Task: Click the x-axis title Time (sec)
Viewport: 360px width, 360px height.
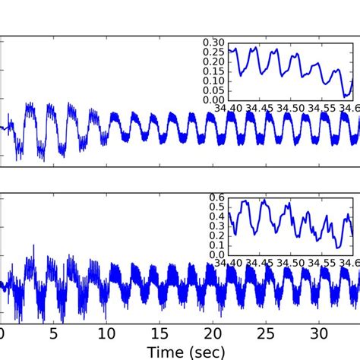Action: tap(180, 350)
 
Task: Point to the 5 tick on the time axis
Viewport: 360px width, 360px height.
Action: tap(54, 333)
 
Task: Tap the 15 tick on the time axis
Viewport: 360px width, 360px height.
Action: tap(160, 333)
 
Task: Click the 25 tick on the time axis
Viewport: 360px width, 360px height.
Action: tap(267, 333)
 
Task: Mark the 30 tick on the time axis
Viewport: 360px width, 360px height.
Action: tap(320, 333)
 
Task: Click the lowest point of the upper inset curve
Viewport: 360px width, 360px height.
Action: tap(344, 96)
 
